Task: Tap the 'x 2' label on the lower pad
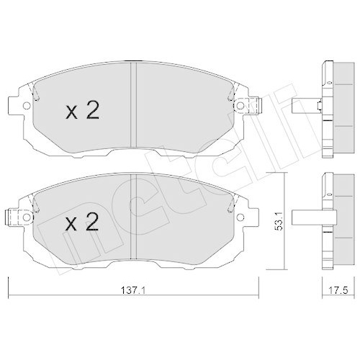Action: [81, 223]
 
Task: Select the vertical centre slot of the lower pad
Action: [134, 216]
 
